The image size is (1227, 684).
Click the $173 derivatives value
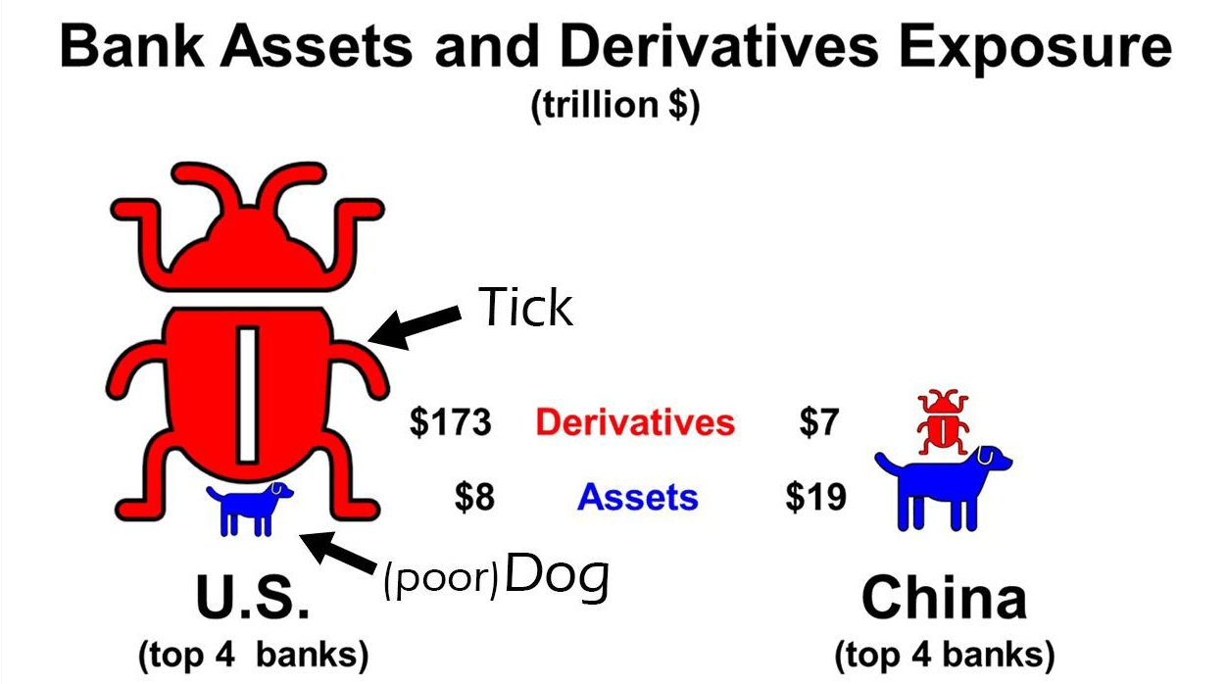point(450,422)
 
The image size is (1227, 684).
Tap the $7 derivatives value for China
point(819,422)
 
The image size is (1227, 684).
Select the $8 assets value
point(474,497)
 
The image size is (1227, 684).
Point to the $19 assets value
point(815,497)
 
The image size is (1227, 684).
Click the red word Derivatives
point(635,422)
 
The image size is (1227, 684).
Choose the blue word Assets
point(638,497)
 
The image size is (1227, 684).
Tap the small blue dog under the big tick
point(249,509)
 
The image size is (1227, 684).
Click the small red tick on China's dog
point(943,422)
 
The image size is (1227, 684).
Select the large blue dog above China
point(943,488)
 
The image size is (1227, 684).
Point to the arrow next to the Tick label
point(415,327)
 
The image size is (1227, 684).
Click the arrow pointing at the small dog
point(338,553)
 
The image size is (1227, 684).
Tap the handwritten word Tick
point(525,307)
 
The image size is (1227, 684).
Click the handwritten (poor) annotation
point(441,579)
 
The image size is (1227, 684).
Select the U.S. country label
point(253,598)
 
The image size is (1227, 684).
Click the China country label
point(944,598)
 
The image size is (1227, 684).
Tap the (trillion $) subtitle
point(615,105)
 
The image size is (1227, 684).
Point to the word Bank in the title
point(131,46)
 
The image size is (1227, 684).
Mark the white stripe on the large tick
point(248,394)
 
